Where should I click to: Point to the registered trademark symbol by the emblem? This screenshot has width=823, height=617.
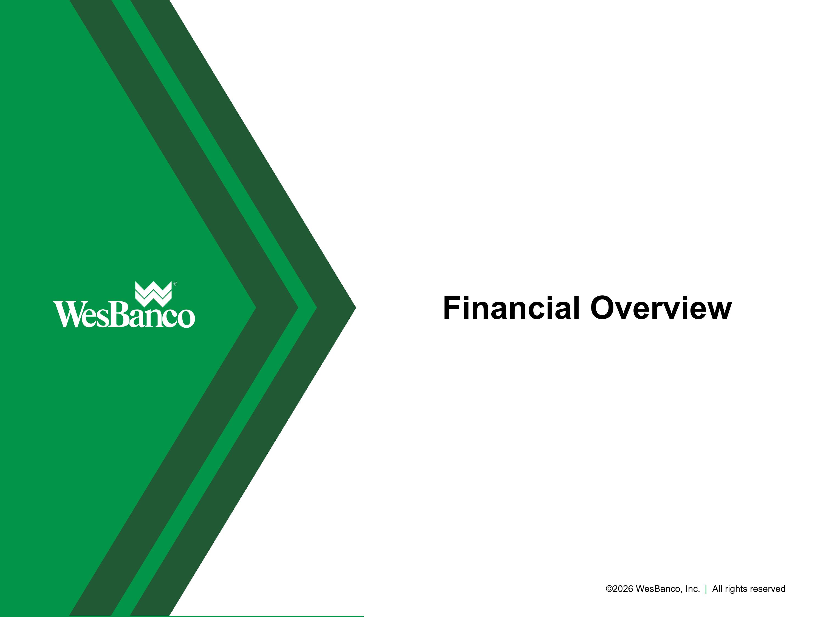click(x=175, y=284)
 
